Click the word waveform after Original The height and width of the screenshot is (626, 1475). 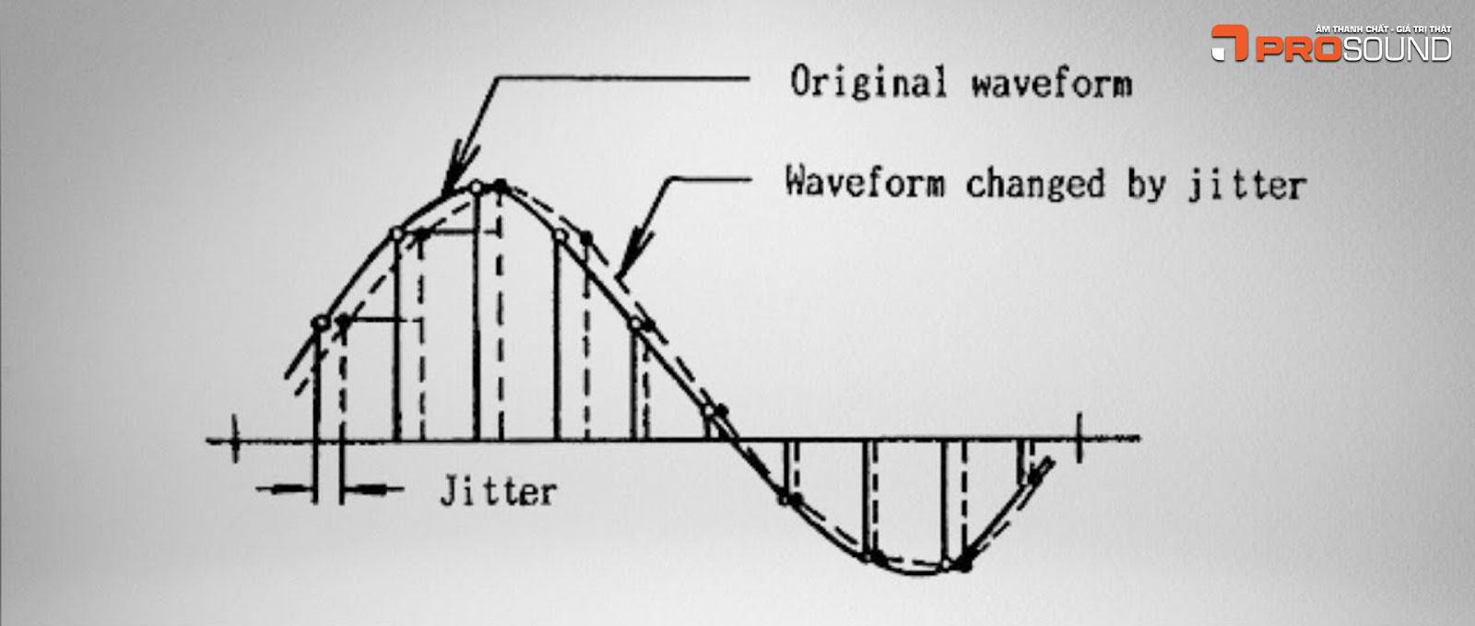(1051, 85)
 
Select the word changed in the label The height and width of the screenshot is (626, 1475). (1034, 183)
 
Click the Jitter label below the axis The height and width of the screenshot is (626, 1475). (499, 491)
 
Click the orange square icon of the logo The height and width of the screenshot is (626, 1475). (1230, 43)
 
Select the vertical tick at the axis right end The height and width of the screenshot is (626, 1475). (1080, 436)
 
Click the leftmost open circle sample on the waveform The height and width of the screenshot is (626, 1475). (321, 323)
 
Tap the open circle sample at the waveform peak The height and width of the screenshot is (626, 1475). (477, 188)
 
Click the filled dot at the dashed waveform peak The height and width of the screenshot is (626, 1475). (500, 186)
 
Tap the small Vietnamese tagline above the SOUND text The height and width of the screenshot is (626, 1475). (1384, 30)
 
